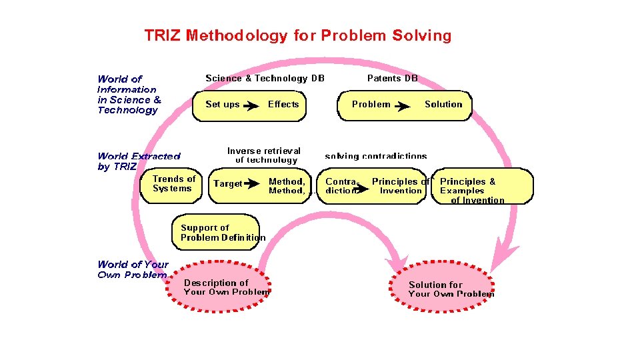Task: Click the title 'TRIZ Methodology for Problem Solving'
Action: pyautogui.click(x=298, y=35)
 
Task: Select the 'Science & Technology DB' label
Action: pyautogui.click(x=265, y=79)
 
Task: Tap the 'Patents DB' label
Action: pyautogui.click(x=393, y=79)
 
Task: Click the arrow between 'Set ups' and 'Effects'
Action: pyautogui.click(x=251, y=105)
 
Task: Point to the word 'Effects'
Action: pyautogui.click(x=283, y=105)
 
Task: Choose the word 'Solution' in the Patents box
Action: pyautogui.click(x=443, y=105)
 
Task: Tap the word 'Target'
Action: pyautogui.click(x=227, y=184)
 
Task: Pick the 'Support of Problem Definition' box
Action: pyautogui.click(x=215, y=232)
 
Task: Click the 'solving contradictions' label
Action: pyautogui.click(x=375, y=156)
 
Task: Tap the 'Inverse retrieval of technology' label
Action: pyautogui.click(x=265, y=155)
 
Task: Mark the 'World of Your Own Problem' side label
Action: pyautogui.click(x=133, y=270)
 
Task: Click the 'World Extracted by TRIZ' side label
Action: pyautogui.click(x=138, y=161)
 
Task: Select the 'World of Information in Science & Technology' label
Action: pyautogui.click(x=129, y=95)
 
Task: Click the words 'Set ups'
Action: pyautogui.click(x=223, y=105)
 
